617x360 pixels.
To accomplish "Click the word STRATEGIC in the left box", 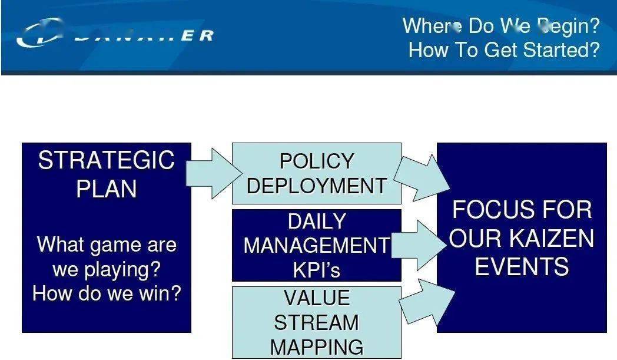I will click(x=106, y=160).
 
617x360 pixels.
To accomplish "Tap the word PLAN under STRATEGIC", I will click(x=107, y=189).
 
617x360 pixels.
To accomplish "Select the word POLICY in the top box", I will click(x=317, y=161).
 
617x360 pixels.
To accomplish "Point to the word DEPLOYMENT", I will click(x=317, y=186).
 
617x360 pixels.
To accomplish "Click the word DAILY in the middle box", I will click(x=317, y=222).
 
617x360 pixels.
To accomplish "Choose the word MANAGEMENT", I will click(x=317, y=246).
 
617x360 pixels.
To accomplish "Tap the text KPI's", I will click(x=317, y=270).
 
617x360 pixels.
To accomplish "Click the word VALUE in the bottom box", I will click(x=317, y=298).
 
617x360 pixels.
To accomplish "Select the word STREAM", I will click(x=317, y=323).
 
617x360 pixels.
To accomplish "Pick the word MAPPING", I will click(x=317, y=347).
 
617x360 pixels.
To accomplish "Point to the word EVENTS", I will click(x=522, y=267).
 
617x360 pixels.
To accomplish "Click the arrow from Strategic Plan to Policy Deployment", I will click(x=212, y=173).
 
